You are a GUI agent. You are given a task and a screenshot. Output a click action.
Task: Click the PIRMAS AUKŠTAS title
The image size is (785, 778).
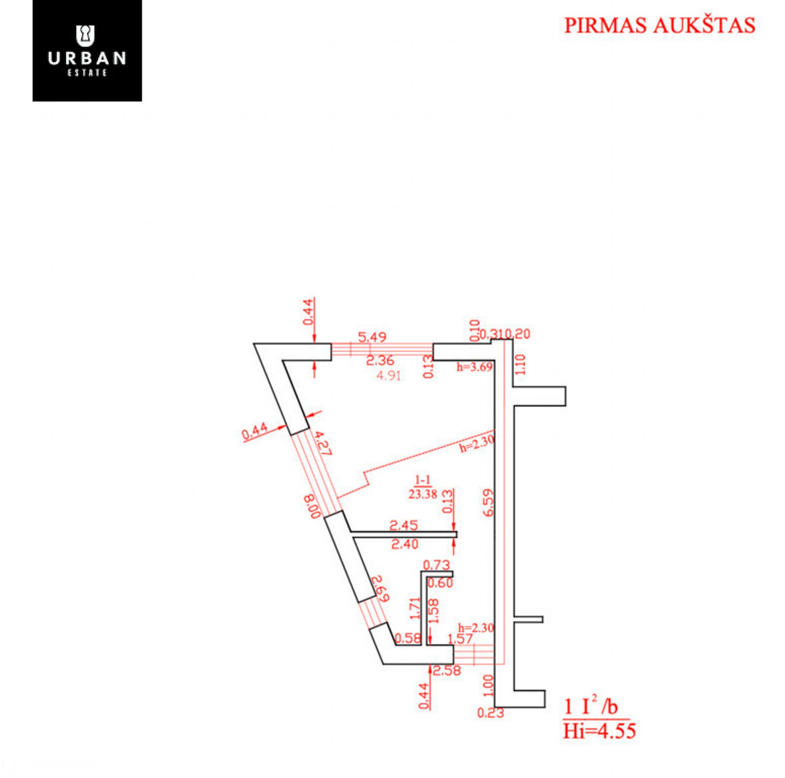[659, 25]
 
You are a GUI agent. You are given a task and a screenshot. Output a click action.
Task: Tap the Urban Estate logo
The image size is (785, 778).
[87, 51]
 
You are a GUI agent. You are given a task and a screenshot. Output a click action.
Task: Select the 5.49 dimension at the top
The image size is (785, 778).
[372, 337]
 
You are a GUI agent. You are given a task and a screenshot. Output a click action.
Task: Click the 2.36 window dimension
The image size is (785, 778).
[380, 361]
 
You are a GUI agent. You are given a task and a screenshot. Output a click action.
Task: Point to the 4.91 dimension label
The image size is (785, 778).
[389, 376]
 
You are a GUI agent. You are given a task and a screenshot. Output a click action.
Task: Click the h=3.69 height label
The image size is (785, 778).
[474, 367]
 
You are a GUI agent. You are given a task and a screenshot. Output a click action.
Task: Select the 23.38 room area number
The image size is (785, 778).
[423, 494]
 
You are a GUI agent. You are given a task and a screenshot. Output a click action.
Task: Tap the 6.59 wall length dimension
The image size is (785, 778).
[488, 503]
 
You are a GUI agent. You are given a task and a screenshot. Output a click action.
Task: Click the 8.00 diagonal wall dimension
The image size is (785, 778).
[312, 506]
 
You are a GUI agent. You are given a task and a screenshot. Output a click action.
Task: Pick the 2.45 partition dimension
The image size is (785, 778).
[404, 526]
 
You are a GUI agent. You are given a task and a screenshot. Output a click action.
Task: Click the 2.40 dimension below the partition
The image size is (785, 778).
[405, 545]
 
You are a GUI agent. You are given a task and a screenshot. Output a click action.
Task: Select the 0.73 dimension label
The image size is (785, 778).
[437, 565]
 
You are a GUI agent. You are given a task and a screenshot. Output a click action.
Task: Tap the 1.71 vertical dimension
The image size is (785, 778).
[415, 608]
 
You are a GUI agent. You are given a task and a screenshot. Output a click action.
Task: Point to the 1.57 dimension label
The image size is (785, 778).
[460, 639]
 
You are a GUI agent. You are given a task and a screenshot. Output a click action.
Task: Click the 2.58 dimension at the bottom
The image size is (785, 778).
[447, 671]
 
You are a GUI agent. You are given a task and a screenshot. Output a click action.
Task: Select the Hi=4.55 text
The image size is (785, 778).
[599, 731]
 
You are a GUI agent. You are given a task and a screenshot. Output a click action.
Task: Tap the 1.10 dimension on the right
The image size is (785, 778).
[521, 364]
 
